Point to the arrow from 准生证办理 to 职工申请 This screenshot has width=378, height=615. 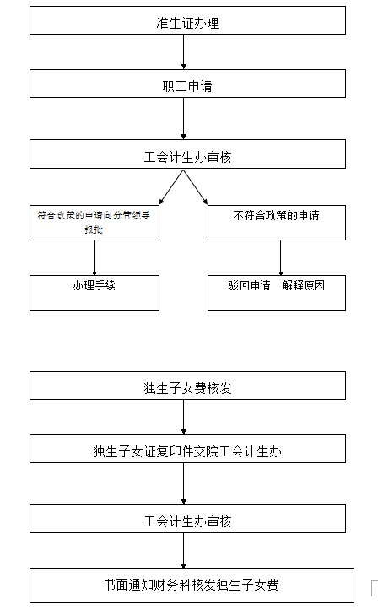pos(183,51)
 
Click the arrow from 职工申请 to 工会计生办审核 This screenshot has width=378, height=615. pos(183,118)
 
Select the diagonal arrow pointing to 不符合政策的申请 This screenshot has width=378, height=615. pos(196,187)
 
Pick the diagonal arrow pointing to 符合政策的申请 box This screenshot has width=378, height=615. pos(171,187)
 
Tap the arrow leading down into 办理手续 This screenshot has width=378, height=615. pos(94,257)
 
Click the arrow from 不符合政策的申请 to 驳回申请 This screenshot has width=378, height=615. pos(280,257)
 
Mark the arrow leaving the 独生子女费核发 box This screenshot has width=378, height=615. pos(183,417)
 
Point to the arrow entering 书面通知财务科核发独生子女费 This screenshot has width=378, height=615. pos(183,550)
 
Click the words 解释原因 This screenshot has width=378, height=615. pos(304,285)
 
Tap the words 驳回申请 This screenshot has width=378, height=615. pos(250,285)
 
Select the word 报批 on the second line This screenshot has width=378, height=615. pos(94,229)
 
